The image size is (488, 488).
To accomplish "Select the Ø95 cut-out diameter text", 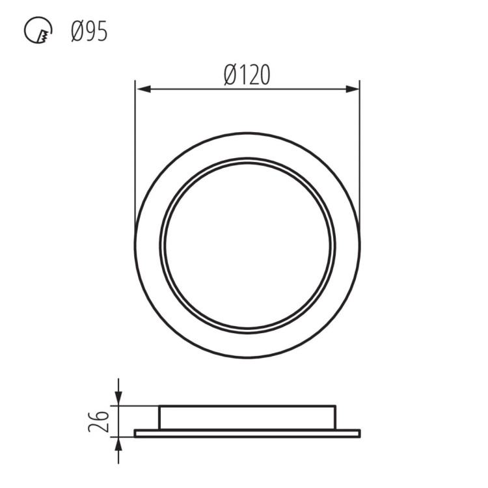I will [x=89, y=31].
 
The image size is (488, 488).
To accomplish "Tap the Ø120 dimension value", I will [x=247, y=76].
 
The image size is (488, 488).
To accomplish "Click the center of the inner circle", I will [x=247, y=245].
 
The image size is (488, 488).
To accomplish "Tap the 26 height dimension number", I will [x=97, y=421].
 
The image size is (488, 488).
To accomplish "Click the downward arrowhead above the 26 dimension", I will [x=118, y=398].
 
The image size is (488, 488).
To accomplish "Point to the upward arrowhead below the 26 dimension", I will [x=118, y=444].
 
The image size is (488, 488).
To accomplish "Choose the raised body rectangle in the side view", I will [x=247, y=417].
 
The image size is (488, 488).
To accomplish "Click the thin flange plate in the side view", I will [x=247, y=433].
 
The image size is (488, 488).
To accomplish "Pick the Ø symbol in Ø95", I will [x=77, y=31].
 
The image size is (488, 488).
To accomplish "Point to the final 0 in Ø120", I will [x=264, y=76].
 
